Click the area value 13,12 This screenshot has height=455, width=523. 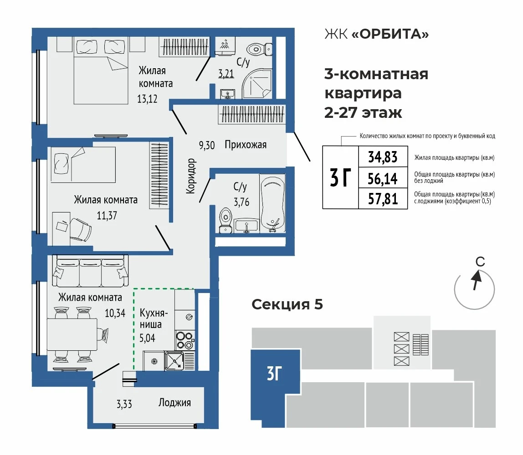pyautogui.click(x=147, y=99)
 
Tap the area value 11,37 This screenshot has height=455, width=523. pyautogui.click(x=107, y=216)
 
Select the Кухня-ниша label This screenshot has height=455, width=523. pyautogui.click(x=153, y=318)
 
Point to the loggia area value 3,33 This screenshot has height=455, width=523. pyautogui.click(x=124, y=404)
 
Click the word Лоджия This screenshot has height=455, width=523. pyautogui.click(x=174, y=403)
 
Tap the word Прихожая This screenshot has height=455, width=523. pyautogui.click(x=246, y=145)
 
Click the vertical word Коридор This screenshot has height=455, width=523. pyautogui.click(x=190, y=176)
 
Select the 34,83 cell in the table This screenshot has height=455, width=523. pyautogui.click(x=383, y=157)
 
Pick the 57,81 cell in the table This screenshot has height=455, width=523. pyautogui.click(x=383, y=199)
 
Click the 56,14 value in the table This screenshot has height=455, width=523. pyautogui.click(x=383, y=179)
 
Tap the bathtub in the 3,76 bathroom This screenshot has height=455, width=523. pyautogui.click(x=272, y=204)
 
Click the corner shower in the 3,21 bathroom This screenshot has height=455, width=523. pyautogui.click(x=257, y=83)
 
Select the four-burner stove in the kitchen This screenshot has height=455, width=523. pyautogui.click(x=185, y=340)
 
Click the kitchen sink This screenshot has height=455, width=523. pyautogui.click(x=174, y=361)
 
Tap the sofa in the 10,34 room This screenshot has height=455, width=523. pyautogui.click(x=90, y=271)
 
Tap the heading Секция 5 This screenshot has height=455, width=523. pyautogui.click(x=287, y=304)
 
